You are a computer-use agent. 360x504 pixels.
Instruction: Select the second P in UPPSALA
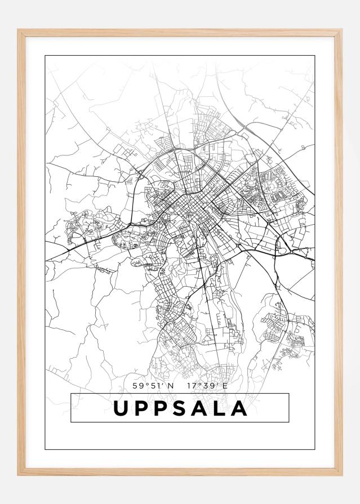[163, 408]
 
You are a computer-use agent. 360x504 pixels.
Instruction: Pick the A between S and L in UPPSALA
[201, 408]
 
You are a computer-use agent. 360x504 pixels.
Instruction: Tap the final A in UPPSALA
[239, 408]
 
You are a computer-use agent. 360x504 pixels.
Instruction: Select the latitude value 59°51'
[147, 386]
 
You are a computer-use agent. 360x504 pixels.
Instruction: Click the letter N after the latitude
[170, 386]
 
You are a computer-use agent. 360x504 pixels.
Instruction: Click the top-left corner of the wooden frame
[19, 30]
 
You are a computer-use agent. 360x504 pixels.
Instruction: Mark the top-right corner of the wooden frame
[341, 30]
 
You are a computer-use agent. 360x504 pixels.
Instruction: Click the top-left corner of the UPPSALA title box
[71, 394]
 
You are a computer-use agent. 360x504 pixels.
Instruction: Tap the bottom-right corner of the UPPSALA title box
[289, 422]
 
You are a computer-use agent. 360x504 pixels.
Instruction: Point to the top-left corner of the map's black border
[45, 56]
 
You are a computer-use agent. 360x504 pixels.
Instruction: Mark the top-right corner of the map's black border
[315, 56]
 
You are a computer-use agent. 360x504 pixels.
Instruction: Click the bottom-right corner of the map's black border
[315, 450]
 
